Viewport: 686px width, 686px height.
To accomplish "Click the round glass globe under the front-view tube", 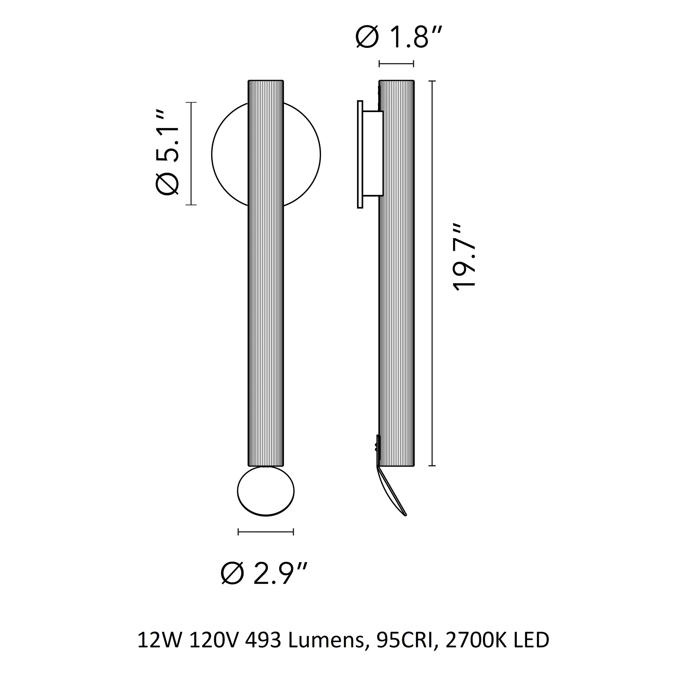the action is click(265, 491).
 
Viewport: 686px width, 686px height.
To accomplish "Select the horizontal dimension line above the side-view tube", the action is click(396, 64).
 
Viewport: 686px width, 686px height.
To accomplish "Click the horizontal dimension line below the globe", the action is click(265, 532).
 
